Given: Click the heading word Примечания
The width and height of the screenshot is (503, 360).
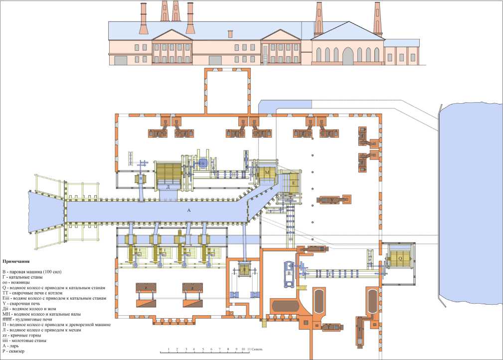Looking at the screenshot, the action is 19,261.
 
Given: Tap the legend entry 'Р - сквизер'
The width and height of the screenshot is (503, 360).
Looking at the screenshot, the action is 14,352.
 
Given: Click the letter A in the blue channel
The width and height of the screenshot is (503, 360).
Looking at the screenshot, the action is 189,211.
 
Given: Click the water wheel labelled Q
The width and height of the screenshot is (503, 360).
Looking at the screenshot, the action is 400,258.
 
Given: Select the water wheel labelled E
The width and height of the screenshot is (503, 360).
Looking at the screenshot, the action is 294,183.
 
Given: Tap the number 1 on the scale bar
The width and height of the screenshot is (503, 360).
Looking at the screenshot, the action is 169,350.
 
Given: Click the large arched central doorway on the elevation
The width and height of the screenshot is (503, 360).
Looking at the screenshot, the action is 347,56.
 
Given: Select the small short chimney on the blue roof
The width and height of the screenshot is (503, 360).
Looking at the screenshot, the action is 230,34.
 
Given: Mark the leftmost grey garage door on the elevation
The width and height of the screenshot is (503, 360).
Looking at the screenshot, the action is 121,60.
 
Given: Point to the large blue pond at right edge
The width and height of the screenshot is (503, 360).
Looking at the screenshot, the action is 471,189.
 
